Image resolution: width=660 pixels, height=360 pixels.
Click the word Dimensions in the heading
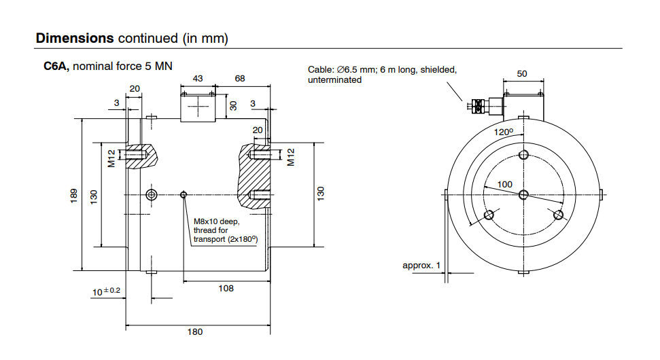point(75,38)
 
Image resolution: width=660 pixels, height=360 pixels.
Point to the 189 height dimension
point(74,196)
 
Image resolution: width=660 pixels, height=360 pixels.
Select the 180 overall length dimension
point(195,332)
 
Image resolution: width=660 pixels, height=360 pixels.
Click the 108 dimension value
point(226,289)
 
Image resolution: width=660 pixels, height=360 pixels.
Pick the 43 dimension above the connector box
point(198,79)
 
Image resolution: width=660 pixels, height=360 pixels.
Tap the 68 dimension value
point(240,79)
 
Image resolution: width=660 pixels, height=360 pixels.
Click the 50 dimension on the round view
point(522,73)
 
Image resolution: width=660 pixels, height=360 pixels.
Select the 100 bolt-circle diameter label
point(504,184)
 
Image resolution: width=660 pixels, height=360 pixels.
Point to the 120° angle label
point(503,131)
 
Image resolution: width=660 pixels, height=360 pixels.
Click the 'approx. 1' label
point(421,265)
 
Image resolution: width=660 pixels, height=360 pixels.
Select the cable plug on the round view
point(479,106)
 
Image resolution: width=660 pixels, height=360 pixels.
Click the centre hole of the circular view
point(523,195)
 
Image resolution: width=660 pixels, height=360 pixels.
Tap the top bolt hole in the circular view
point(523,155)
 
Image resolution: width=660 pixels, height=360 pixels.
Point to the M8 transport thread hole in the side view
point(183,195)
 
